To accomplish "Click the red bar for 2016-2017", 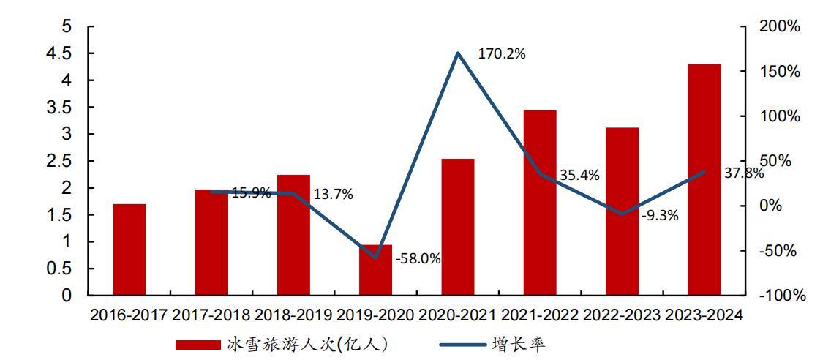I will pyautogui.click(x=129, y=250).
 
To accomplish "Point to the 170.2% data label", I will pyautogui.click(x=502, y=53).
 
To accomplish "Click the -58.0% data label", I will pyautogui.click(x=418, y=259).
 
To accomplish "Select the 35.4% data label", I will pyautogui.click(x=579, y=175).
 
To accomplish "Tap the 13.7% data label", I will pyautogui.click(x=333, y=194).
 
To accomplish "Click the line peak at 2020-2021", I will pyautogui.click(x=458, y=53).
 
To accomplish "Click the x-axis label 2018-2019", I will pyautogui.click(x=293, y=315).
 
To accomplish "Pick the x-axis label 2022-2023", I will pyautogui.click(x=621, y=315).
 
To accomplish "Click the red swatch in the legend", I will pyautogui.click(x=198, y=344).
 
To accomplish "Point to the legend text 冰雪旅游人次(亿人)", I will pyautogui.click(x=307, y=344).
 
